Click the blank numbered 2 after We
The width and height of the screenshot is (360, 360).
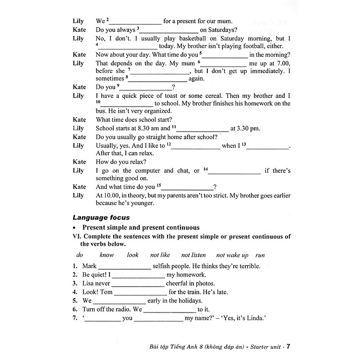137,22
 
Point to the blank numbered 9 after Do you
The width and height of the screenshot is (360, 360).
145,88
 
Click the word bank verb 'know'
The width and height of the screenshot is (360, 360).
106,255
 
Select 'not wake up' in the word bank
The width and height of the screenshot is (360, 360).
232,255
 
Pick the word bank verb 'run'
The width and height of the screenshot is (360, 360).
260,255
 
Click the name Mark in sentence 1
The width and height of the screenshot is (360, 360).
89,266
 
